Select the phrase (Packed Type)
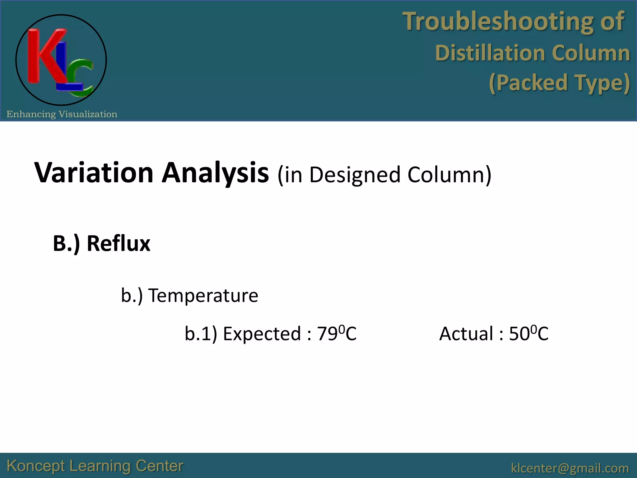coord(559,83)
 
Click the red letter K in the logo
coord(44,56)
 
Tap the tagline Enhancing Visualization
coord(62,114)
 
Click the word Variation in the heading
coord(94,173)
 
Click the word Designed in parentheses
coord(355,175)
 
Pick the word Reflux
coord(119,243)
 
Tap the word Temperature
coord(203,295)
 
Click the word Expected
coord(262,334)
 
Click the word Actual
coord(466,334)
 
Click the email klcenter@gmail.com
coord(570,468)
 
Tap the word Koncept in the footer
coord(36,466)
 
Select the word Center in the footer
coord(159,466)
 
